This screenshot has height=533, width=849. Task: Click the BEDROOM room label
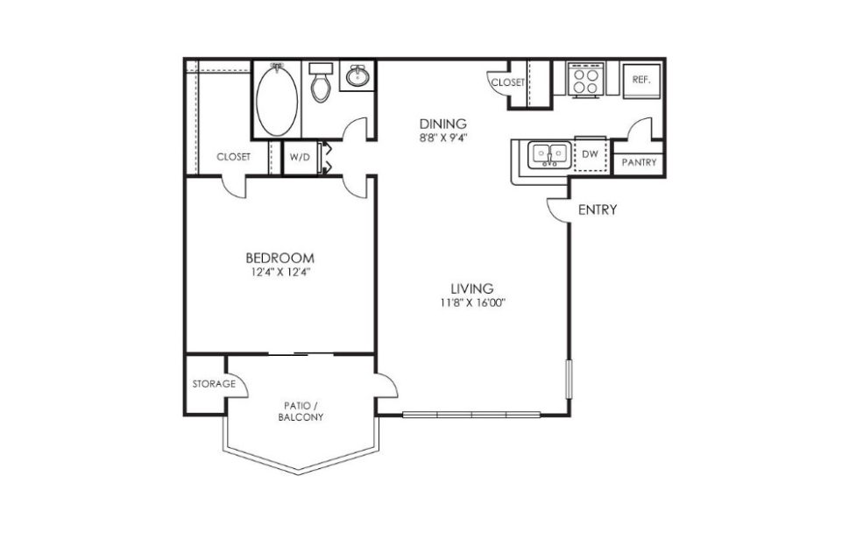coord(279,258)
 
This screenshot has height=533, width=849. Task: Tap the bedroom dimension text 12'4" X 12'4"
coord(279,272)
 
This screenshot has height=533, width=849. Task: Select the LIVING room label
coord(472,288)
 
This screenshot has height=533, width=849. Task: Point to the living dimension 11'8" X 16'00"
coord(474,302)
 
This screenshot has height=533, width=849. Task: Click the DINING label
coord(442,124)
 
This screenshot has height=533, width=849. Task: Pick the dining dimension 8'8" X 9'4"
coord(442,137)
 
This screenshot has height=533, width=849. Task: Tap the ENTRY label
coord(598,210)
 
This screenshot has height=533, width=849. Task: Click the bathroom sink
coord(357,77)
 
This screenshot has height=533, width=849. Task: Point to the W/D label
coord(300,157)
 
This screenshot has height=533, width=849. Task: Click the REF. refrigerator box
coord(641,80)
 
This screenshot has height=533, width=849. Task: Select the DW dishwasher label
coord(591,154)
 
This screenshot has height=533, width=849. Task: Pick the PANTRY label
coord(639,163)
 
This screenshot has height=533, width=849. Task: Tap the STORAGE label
coord(214,384)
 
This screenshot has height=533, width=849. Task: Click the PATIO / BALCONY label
coord(303,411)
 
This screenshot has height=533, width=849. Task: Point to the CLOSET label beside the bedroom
coord(233,157)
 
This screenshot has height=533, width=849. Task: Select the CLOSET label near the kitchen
coord(507,82)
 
